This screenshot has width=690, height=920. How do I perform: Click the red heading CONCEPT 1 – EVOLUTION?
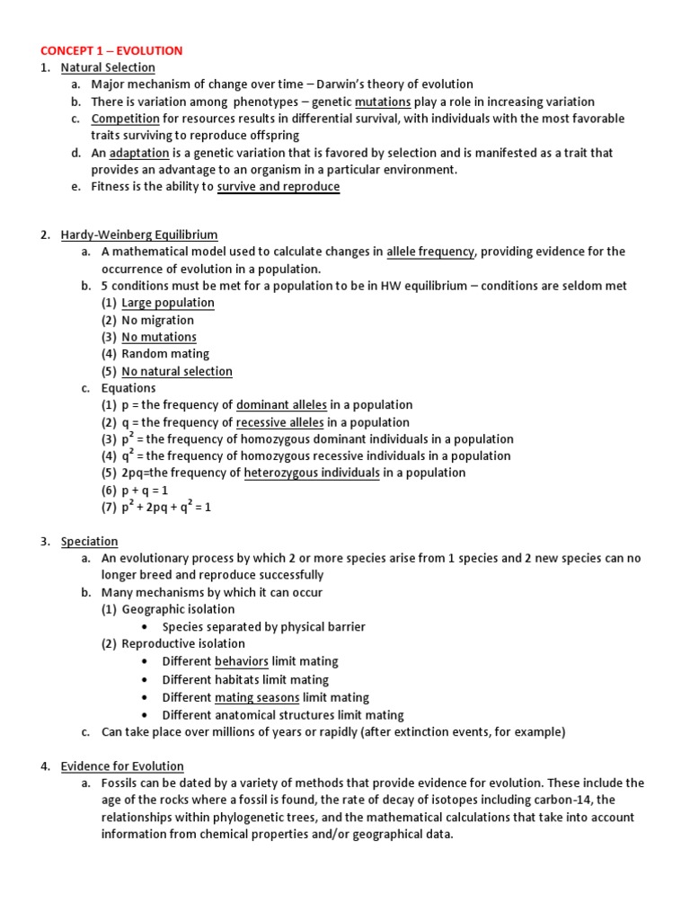pos(111,51)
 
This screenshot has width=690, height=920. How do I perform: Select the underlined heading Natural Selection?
pos(108,68)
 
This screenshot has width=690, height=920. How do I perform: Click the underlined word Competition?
pos(125,119)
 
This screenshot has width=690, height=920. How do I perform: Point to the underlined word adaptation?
pos(139,154)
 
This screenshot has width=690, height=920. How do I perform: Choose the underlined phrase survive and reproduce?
pos(279,188)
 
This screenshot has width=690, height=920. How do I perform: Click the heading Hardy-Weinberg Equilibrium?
pos(139,235)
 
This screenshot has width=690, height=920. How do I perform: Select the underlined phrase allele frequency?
pos(430,252)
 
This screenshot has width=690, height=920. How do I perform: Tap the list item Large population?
pos(168,304)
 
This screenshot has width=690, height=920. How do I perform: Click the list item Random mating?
pos(165,355)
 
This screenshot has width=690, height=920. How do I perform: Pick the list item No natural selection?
pos(177,372)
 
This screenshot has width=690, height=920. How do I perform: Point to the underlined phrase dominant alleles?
pos(281,405)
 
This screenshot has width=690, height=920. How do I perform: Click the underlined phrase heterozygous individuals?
pos(312,473)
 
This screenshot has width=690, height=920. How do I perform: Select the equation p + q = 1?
pos(145,491)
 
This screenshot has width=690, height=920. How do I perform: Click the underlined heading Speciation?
pos(89,542)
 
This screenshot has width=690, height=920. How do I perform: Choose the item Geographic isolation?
pos(178,610)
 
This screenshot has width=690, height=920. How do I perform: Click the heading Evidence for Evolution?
pos(122,766)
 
